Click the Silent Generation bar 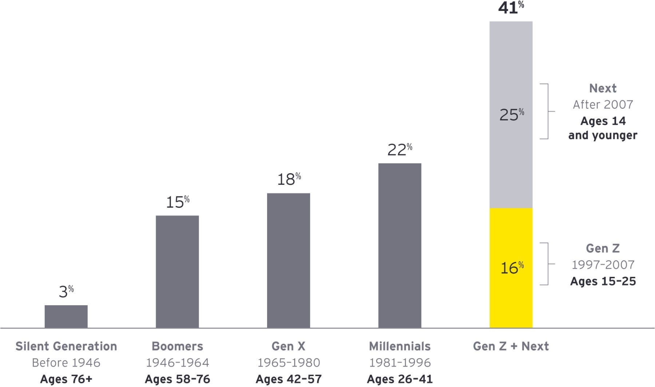point(66,316)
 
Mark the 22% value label point(400,149)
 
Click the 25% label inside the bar point(512,115)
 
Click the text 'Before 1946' point(66,363)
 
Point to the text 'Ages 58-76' point(177,379)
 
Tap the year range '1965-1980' point(289,363)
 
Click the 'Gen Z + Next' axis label point(511,346)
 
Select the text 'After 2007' point(603,105)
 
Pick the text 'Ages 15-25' point(603,281)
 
